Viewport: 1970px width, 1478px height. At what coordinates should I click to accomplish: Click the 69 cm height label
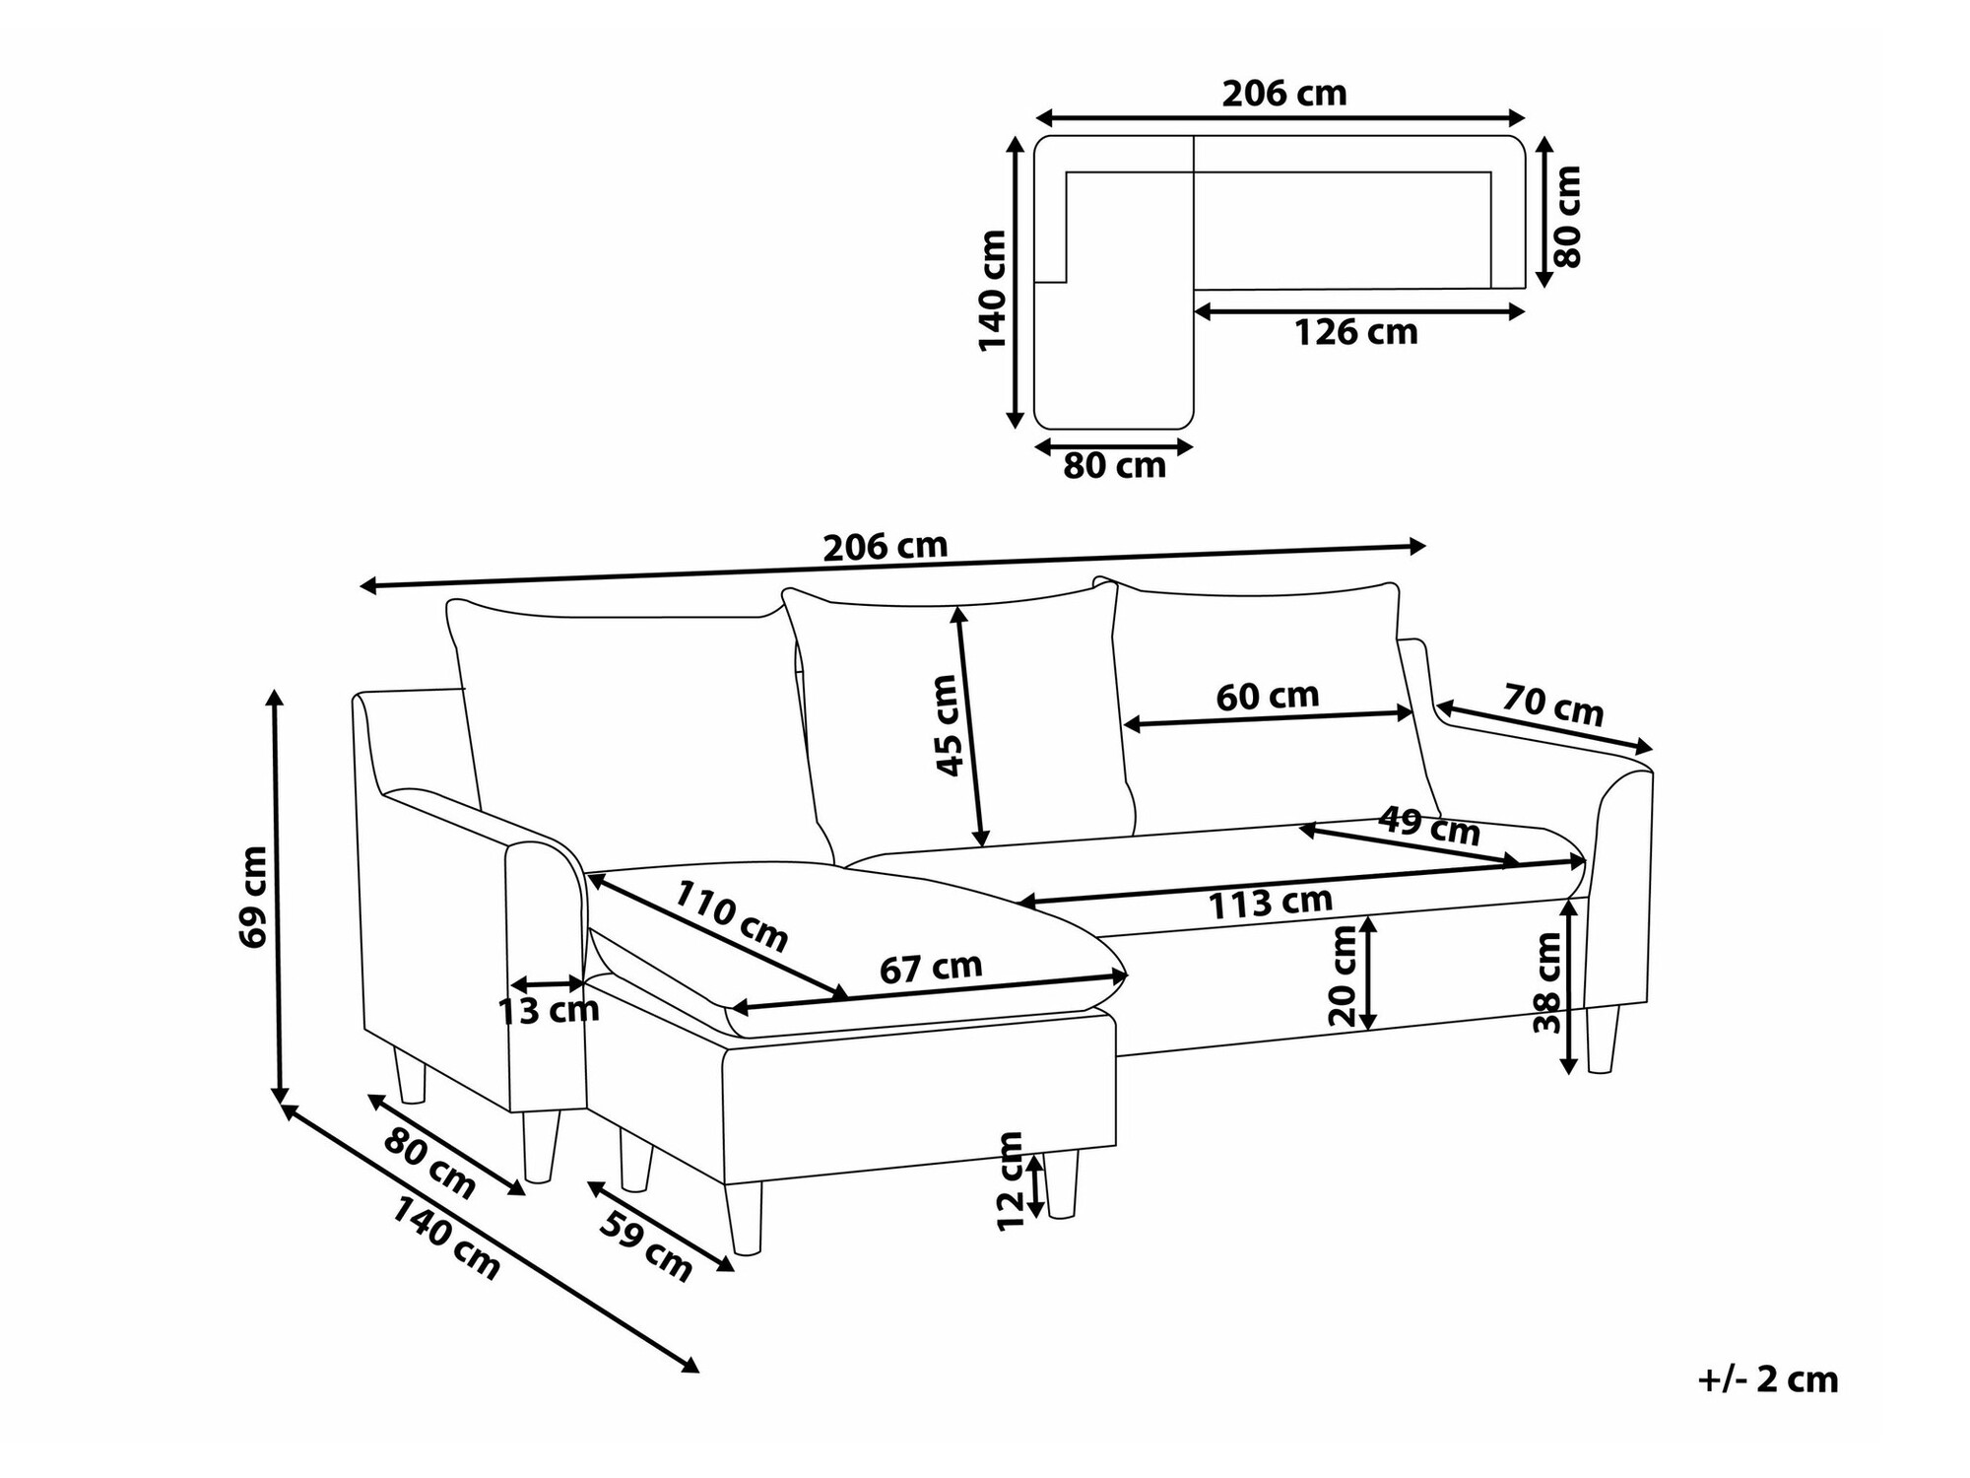[x=253, y=896]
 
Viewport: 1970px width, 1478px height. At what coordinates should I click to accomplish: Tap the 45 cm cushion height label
[x=946, y=725]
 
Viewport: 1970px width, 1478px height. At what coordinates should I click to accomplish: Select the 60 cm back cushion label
[x=1267, y=697]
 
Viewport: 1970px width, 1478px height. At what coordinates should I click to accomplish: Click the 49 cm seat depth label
[x=1428, y=826]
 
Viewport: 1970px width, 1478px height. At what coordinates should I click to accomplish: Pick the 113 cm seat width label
[x=1271, y=903]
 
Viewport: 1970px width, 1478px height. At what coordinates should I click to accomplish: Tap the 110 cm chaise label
[x=731, y=915]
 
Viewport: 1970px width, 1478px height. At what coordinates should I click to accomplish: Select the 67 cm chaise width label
[x=930, y=968]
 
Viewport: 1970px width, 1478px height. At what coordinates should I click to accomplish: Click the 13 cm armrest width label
[x=549, y=1010]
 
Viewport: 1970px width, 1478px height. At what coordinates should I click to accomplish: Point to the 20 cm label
[x=1344, y=976]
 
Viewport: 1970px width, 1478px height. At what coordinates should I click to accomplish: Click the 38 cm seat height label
[x=1547, y=982]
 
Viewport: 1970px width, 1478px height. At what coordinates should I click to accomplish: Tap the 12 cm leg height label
[x=1011, y=1181]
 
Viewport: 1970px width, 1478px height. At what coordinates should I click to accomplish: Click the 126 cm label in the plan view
[x=1355, y=333]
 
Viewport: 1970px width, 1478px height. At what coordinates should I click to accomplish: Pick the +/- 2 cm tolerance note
[x=1767, y=1379]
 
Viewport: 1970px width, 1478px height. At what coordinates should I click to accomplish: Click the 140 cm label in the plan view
[x=992, y=290]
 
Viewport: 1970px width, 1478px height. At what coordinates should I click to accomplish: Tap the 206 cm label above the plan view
[x=1283, y=94]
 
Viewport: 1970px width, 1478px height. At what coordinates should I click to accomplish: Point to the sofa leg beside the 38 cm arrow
[x=1602, y=1040]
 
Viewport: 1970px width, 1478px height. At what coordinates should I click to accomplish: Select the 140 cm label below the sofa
[x=446, y=1238]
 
